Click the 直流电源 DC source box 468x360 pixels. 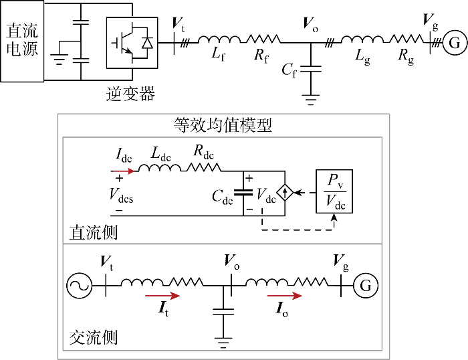pos(22,41)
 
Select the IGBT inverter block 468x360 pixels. pos(132,43)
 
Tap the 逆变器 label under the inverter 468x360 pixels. pos(131,94)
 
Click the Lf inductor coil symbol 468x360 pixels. pos(219,39)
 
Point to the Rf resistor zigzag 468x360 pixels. pos(263,39)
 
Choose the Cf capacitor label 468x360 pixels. pos(289,71)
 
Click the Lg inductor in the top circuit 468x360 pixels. pos(362,39)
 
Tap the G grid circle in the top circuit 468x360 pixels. pos(455,43)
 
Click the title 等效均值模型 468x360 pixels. pos(223,125)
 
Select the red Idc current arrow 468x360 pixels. pos(122,171)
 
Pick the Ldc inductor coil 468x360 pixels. pos(159,167)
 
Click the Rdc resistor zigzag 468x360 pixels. pos(203,167)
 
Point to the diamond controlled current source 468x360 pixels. pos(285,193)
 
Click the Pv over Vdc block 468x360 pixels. pos(334,191)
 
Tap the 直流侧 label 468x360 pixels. pos(94,232)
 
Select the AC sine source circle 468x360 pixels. pos(79,286)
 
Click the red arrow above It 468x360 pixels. pos(162,296)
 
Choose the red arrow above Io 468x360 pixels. pos(284,296)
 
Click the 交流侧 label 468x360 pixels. pos(94,338)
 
